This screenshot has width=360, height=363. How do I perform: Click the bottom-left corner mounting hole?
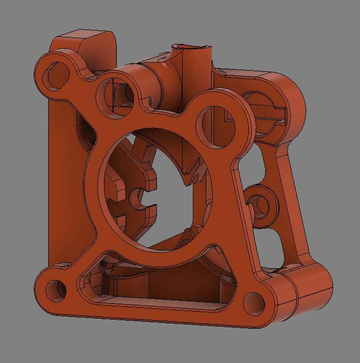coord(56,290)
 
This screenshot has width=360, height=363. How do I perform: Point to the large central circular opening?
coord(155,187)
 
